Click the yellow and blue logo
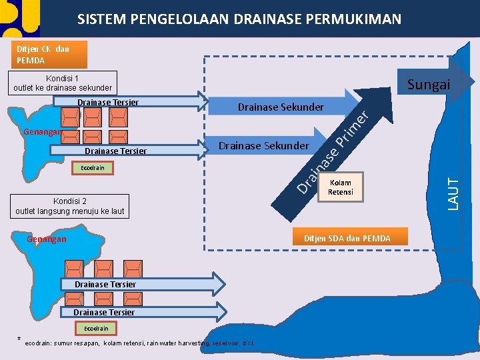pos(20,18)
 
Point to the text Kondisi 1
pos(63,78)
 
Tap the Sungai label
pos(429,84)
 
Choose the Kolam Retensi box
pos(340,187)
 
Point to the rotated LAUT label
pos(453,193)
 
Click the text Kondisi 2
pos(69,201)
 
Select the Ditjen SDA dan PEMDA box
pos(347,239)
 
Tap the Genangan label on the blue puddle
pos(47,239)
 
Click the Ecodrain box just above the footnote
pos(96,329)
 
